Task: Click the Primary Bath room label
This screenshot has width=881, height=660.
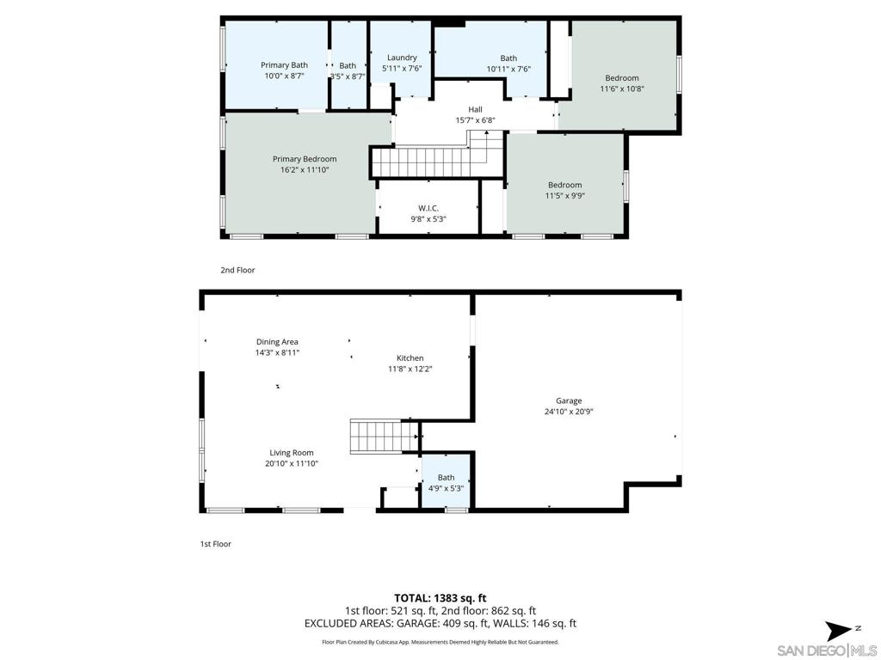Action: (x=284, y=65)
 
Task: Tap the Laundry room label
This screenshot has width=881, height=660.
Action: (x=402, y=58)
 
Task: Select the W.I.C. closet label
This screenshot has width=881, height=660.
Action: (x=428, y=208)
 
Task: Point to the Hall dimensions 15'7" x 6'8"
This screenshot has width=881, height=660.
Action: (x=475, y=120)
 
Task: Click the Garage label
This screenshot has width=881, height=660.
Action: (x=569, y=400)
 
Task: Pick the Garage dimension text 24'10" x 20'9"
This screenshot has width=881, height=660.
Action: (x=569, y=412)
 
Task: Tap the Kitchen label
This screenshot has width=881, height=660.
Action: (x=410, y=358)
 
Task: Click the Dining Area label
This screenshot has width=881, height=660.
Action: (x=277, y=342)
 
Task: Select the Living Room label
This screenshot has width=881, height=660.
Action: (x=291, y=453)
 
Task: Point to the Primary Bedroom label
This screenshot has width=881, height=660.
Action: (x=305, y=159)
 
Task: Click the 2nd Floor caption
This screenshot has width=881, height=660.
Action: (x=237, y=270)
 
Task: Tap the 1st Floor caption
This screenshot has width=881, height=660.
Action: (x=216, y=544)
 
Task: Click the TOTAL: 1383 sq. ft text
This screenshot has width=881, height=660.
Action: (x=440, y=598)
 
